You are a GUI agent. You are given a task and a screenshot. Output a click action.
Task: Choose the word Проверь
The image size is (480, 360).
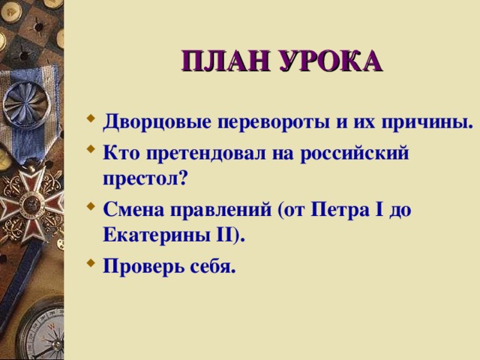point(142,266)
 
